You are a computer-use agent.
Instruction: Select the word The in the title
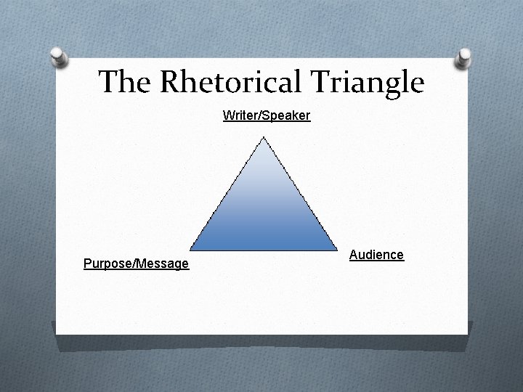tap(124, 82)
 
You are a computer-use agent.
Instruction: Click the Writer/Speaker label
tap(267, 115)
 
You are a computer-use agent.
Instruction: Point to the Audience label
tap(376, 255)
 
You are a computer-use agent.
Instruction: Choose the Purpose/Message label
tap(136, 264)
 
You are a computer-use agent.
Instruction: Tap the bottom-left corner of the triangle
tap(191, 250)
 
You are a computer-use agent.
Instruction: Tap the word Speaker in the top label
tap(291, 115)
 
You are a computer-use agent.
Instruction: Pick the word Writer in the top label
tap(238, 115)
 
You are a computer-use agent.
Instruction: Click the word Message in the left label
tap(162, 264)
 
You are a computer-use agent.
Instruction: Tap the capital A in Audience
tap(354, 255)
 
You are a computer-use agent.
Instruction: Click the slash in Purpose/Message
tap(129, 264)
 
